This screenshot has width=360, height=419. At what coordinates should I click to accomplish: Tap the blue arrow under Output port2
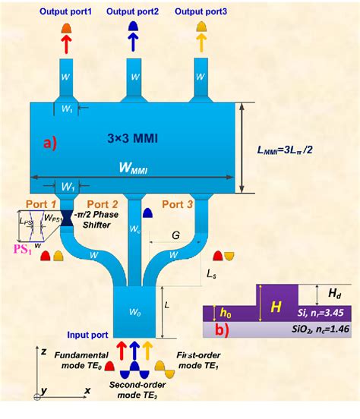click(133, 43)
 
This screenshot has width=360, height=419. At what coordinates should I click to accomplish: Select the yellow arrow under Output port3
click(201, 43)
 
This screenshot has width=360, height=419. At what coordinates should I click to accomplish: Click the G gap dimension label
click(175, 236)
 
